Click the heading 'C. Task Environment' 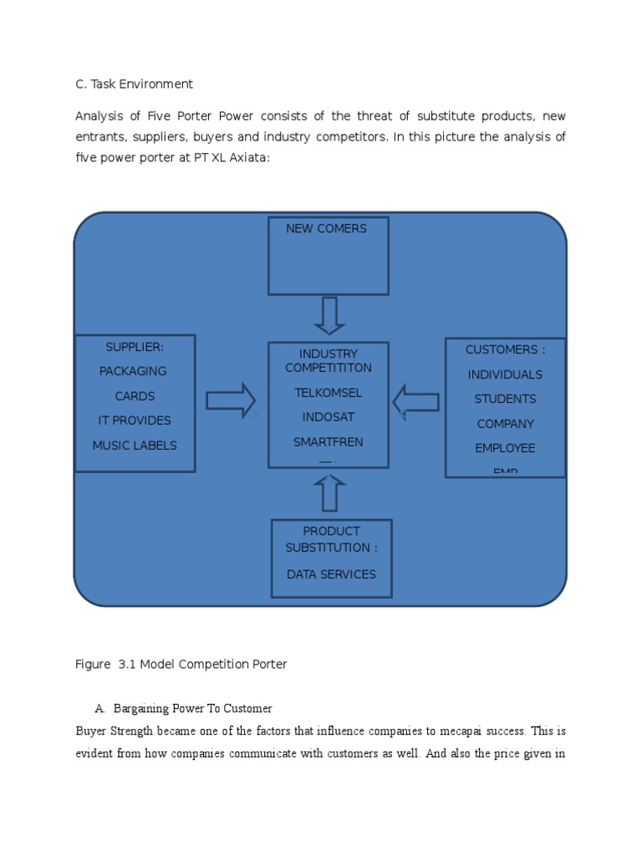[x=134, y=84]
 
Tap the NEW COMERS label [x=326, y=228]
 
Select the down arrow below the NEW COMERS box [x=329, y=316]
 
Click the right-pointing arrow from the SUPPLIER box [x=231, y=401]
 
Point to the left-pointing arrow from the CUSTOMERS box [x=415, y=402]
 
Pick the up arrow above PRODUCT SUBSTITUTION [x=329, y=493]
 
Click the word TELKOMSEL [x=328, y=392]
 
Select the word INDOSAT [x=328, y=417]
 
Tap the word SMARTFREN [x=328, y=441]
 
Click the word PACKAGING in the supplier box [x=133, y=371]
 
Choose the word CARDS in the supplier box [x=135, y=396]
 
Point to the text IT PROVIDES [x=135, y=420]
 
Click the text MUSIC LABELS [x=135, y=446]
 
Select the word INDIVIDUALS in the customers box [x=505, y=374]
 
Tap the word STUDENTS [x=505, y=399]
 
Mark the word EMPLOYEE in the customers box [x=505, y=448]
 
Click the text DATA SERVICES [x=331, y=574]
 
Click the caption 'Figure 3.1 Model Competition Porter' [x=181, y=665]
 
